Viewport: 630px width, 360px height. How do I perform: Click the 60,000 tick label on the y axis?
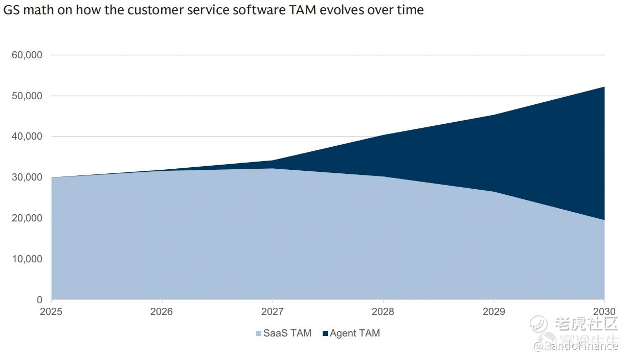click(27, 55)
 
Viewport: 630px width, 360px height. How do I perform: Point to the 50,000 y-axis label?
click(27, 96)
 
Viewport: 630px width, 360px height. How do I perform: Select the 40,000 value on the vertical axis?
click(27, 137)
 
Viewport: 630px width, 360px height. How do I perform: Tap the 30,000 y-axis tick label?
click(27, 177)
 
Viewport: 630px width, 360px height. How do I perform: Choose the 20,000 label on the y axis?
click(27, 218)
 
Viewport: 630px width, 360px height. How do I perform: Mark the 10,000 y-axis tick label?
click(27, 259)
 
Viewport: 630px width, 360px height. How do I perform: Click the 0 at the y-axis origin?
click(39, 300)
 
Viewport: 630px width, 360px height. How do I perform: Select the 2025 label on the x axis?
click(51, 312)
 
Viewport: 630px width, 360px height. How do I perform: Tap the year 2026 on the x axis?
click(162, 312)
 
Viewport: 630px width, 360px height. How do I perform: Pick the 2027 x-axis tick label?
click(272, 312)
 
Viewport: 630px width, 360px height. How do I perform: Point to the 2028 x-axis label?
click(382, 312)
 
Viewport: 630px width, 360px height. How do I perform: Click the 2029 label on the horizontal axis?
click(493, 312)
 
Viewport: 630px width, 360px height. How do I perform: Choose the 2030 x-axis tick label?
click(604, 312)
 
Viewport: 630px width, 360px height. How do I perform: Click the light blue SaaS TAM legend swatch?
click(259, 334)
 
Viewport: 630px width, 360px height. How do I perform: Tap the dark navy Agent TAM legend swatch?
click(325, 334)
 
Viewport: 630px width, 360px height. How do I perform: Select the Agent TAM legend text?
click(355, 333)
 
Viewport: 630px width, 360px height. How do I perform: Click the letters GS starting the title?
click(10, 10)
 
